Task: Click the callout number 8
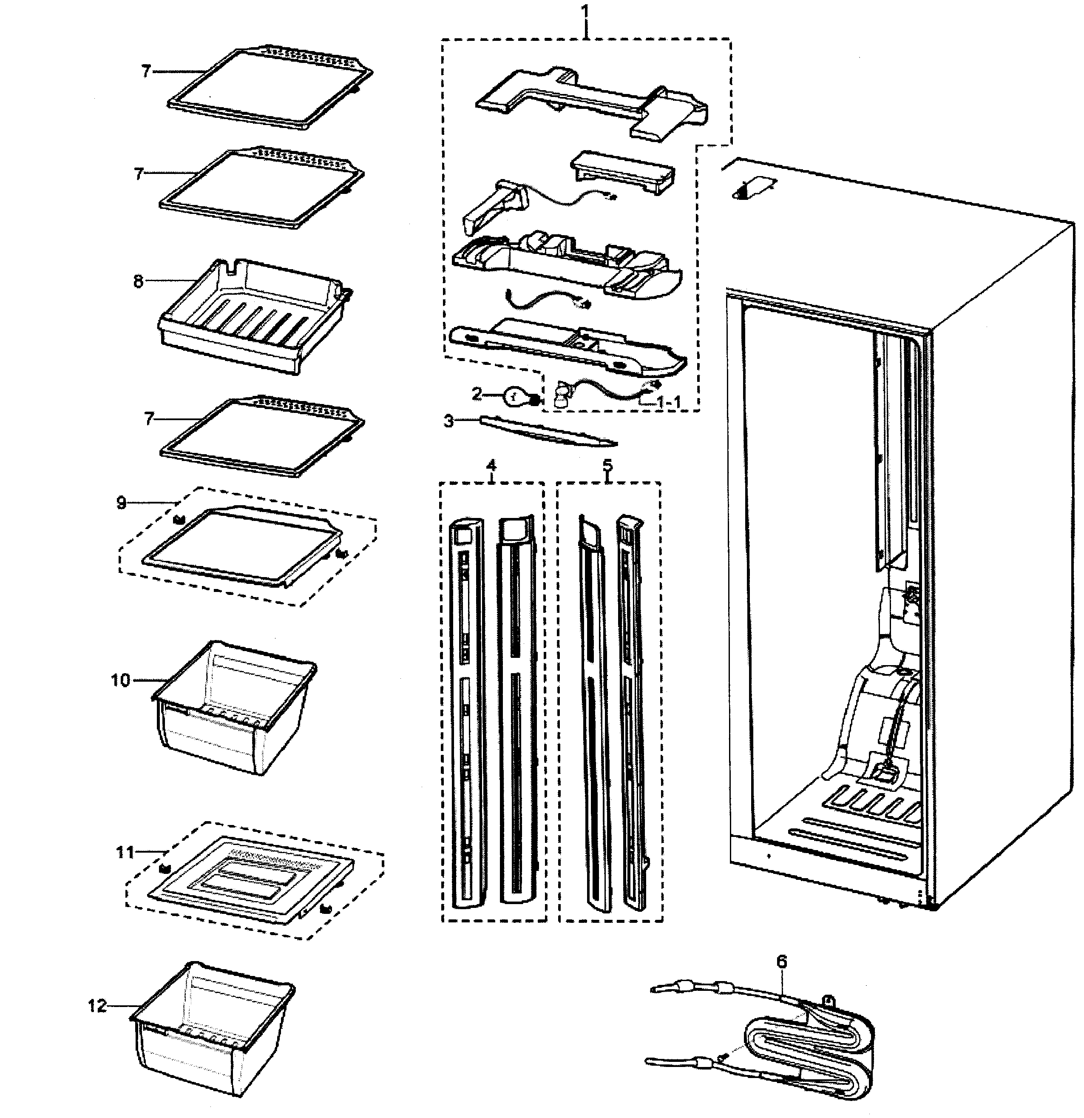pyautogui.click(x=139, y=282)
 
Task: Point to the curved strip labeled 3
pyautogui.click(x=548, y=431)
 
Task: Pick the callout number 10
pyautogui.click(x=120, y=680)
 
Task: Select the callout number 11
pyautogui.click(x=125, y=852)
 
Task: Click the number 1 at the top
pyautogui.click(x=585, y=10)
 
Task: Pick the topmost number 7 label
pyautogui.click(x=146, y=71)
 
